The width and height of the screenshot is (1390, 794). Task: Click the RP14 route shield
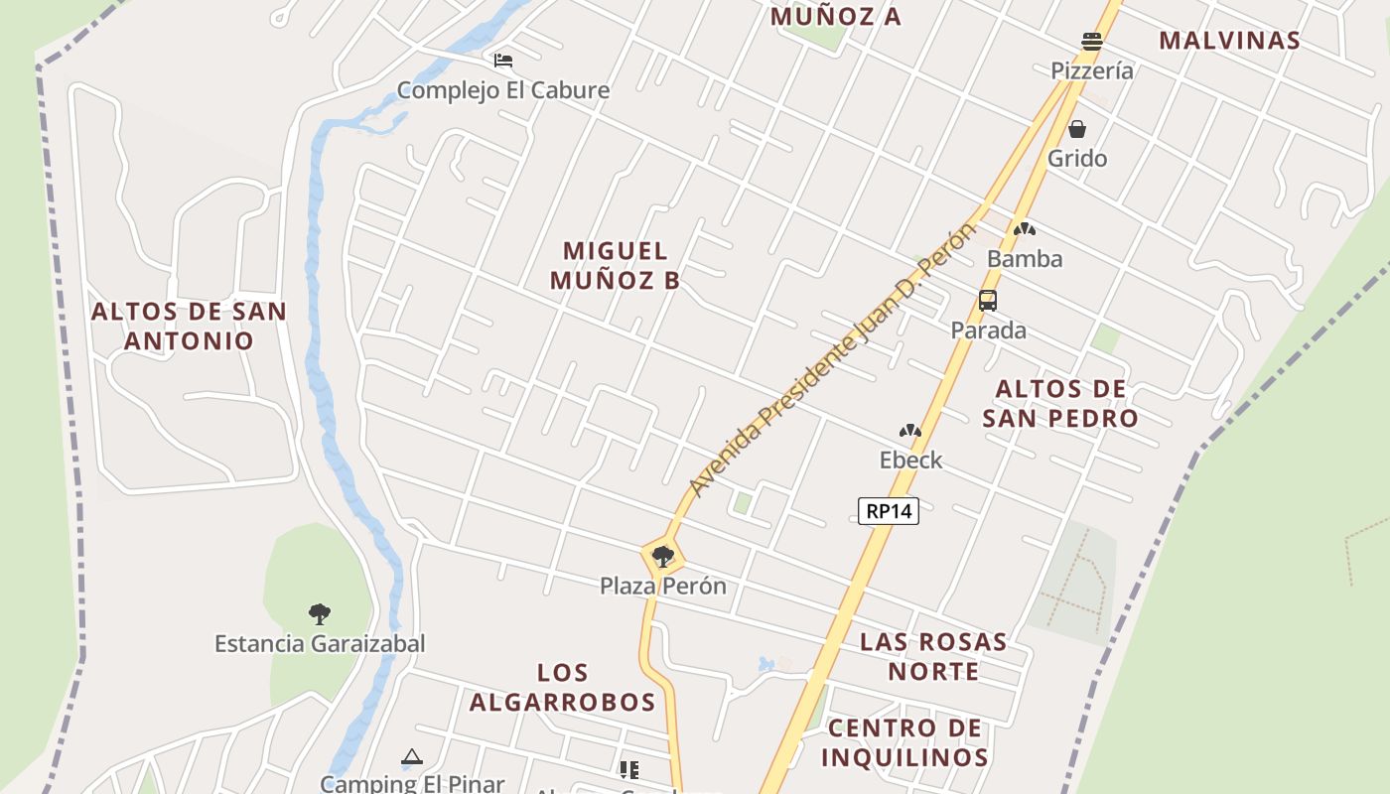889,511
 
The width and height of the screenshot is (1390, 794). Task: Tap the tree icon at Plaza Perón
662,557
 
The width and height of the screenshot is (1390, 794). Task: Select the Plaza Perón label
663,586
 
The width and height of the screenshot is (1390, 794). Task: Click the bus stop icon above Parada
988,300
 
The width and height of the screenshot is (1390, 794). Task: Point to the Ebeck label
910,460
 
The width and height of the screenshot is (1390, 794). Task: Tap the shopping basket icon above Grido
1076,129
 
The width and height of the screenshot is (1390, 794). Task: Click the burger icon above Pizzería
1092,42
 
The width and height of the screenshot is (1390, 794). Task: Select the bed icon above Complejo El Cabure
503,61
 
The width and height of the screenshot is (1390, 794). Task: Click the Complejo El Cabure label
503,90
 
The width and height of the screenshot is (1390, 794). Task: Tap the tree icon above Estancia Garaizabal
319,613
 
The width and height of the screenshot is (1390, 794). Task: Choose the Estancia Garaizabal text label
320,643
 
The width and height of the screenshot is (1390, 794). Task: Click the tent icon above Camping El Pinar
411,757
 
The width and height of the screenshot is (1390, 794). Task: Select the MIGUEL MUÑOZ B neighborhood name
615,265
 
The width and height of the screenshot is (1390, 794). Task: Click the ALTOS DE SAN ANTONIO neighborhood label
189,326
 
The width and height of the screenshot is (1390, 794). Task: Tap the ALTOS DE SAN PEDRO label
1060,403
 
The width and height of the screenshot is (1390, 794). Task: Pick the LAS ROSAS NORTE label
933,656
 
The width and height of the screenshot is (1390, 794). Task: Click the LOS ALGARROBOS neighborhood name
563,688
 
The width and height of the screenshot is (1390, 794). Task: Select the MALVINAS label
1229,40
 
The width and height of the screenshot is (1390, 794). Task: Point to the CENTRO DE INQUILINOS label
904,742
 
